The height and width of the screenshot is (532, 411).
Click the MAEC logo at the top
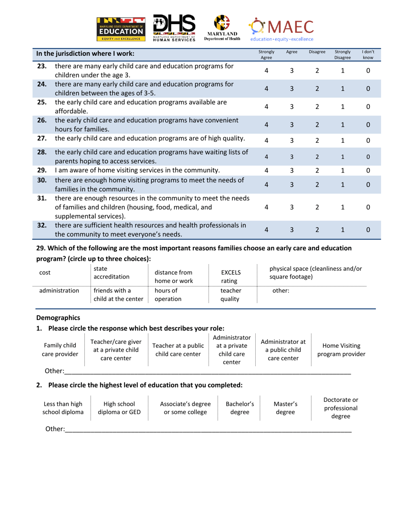click(x=281, y=29)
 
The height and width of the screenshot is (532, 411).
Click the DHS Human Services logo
click(x=174, y=29)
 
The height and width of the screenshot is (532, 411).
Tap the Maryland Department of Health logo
click(x=222, y=29)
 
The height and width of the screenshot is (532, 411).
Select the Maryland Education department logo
click(x=121, y=29)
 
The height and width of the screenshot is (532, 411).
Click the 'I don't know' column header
click(x=368, y=54)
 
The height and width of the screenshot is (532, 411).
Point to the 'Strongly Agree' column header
click(x=267, y=54)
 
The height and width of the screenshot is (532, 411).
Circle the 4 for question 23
click(x=267, y=71)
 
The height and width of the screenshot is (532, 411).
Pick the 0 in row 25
click(x=368, y=106)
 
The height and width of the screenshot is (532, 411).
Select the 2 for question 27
click(x=317, y=140)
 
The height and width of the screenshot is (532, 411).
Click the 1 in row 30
click(x=343, y=184)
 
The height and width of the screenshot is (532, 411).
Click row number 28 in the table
click(x=42, y=152)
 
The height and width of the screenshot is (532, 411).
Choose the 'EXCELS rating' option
click(x=231, y=276)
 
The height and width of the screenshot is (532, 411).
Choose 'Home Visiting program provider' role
click(x=341, y=350)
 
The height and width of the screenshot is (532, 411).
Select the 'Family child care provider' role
click(x=60, y=350)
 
